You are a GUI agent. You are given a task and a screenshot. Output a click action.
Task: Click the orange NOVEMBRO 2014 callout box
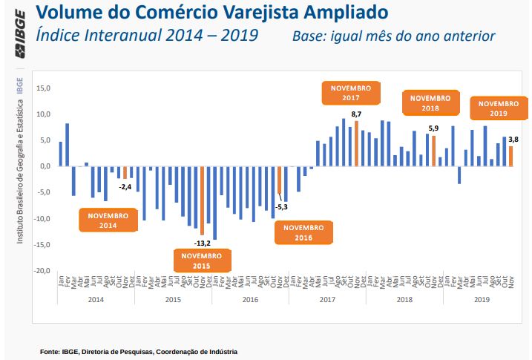108,220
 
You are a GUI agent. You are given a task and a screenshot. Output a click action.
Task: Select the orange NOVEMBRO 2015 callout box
202,261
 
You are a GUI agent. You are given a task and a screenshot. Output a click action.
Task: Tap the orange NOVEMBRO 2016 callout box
303,232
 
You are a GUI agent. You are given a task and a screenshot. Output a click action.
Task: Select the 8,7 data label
356,114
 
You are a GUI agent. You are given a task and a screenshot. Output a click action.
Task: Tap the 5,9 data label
434,128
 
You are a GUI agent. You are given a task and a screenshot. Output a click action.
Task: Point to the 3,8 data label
513,139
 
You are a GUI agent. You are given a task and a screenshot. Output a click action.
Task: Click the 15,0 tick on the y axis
43,88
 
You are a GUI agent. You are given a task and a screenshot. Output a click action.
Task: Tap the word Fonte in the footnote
49,351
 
